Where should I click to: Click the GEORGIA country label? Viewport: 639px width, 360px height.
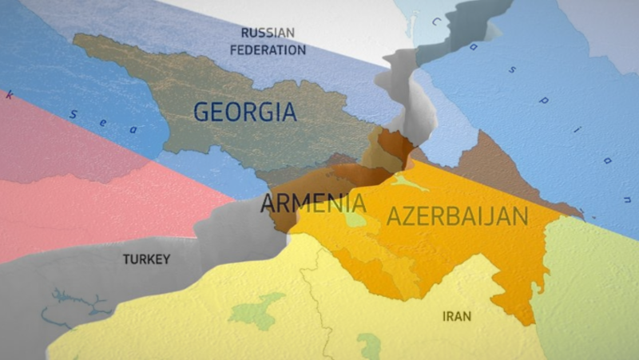244,112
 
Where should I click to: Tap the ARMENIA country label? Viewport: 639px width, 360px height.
313,204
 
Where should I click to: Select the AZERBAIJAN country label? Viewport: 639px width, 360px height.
457,216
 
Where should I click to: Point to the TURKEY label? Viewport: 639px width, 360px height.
146,259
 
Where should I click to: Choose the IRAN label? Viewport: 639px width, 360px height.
456,316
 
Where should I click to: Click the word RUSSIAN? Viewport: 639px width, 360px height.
268,33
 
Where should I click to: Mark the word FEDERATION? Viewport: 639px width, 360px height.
268,49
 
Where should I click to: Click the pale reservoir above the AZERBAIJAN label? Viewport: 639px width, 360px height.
409,184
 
